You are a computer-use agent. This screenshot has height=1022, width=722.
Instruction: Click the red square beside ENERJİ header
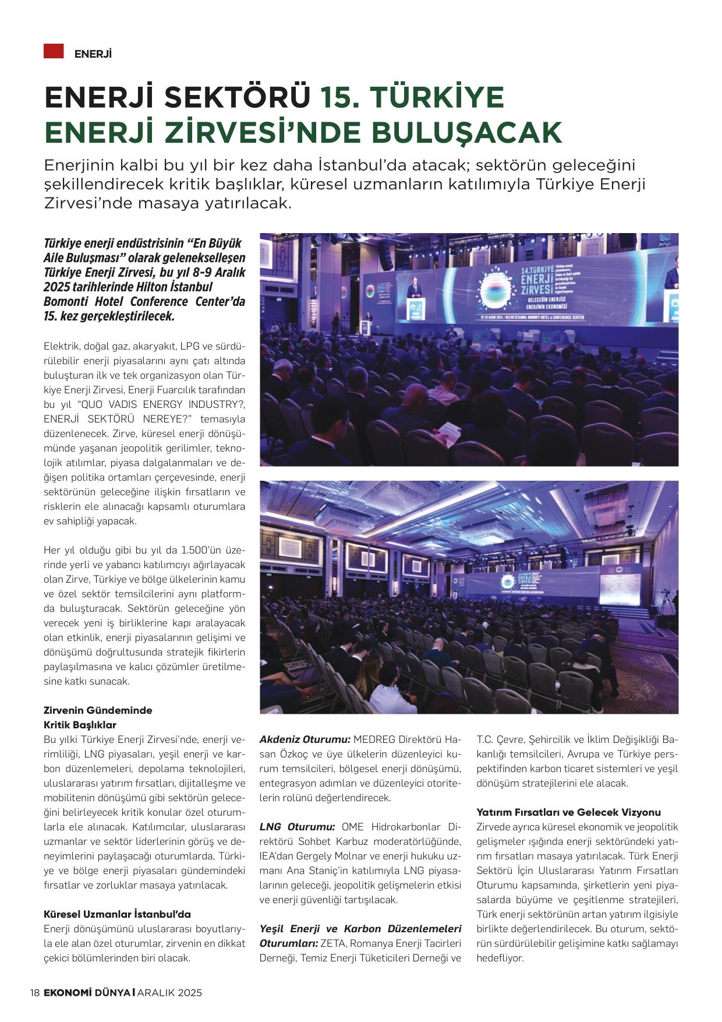[53, 51]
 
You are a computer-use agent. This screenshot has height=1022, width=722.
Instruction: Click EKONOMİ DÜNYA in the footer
[87, 992]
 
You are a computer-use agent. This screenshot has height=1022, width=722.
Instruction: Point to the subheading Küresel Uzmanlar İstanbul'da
[117, 914]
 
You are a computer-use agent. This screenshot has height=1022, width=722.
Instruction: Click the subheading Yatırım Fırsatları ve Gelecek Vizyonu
[568, 812]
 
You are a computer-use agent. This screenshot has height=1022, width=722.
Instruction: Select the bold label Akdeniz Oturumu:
[305, 739]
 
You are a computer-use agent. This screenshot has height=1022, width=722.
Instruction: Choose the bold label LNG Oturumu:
[297, 827]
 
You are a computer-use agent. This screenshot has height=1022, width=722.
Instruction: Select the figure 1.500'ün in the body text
[203, 550]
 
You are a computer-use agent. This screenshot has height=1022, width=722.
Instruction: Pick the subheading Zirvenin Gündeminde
[98, 710]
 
